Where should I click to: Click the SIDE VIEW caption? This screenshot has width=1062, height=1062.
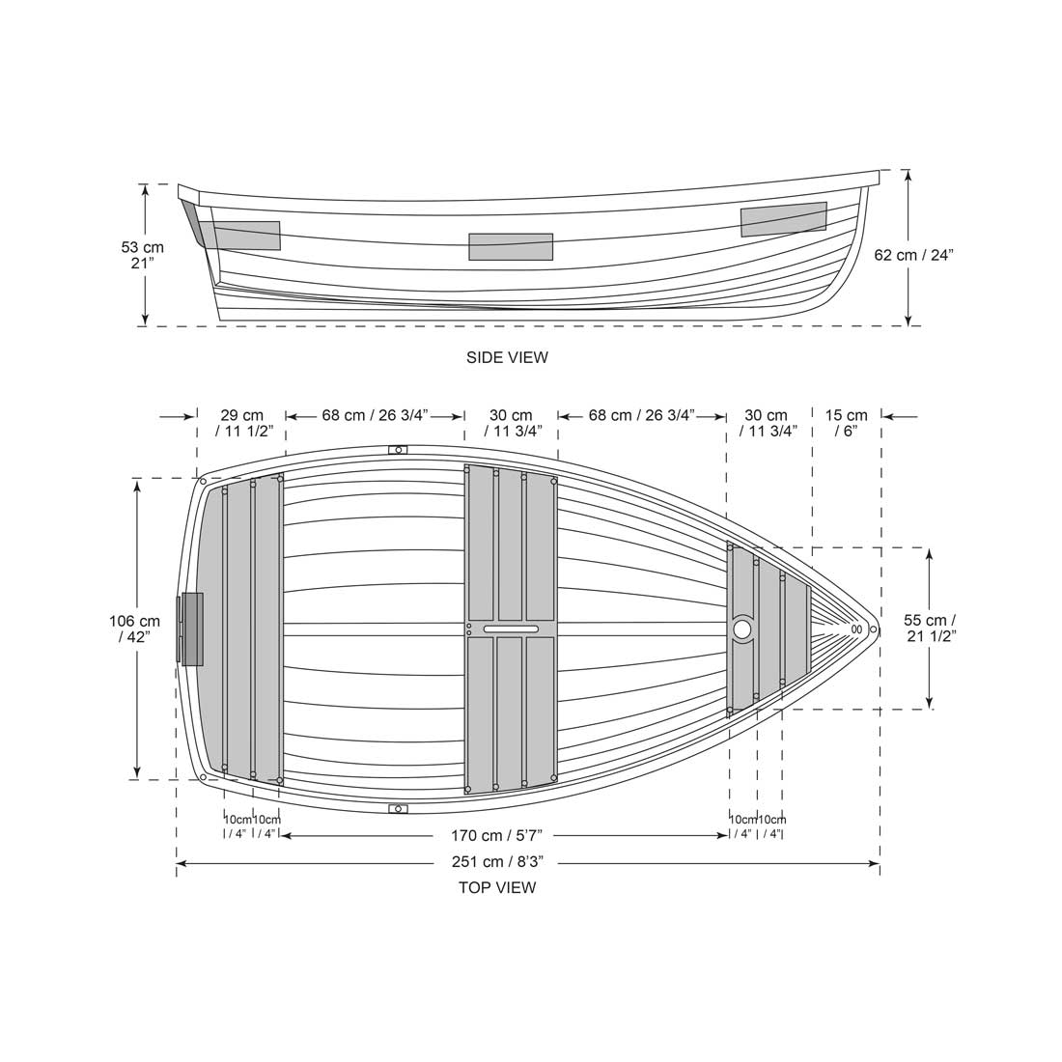coord(507,357)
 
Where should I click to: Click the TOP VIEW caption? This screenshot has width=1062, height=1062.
coord(497,887)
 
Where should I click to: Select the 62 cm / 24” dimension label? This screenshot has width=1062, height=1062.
coord(913,255)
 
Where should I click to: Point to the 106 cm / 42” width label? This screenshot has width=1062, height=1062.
coord(135,629)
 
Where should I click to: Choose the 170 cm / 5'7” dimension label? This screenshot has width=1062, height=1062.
coord(503,834)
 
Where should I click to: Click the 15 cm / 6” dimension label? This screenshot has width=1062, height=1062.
coord(847,423)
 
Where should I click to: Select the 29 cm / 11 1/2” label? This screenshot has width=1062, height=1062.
coord(240,423)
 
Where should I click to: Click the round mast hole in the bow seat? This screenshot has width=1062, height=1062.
coord(741,629)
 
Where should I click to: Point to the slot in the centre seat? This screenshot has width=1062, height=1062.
coord(511,629)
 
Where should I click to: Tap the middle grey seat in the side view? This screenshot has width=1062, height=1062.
coord(511,246)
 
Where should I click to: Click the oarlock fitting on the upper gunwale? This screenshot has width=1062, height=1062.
coord(398,449)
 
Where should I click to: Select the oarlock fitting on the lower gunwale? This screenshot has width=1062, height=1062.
coord(398,808)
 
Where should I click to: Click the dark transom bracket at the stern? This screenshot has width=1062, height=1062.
coord(191,629)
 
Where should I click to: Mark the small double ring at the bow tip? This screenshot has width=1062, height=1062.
coord(856,629)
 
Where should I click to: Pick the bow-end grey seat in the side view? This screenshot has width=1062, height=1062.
coord(783,219)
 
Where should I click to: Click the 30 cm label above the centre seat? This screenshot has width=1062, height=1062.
coord(511,423)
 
